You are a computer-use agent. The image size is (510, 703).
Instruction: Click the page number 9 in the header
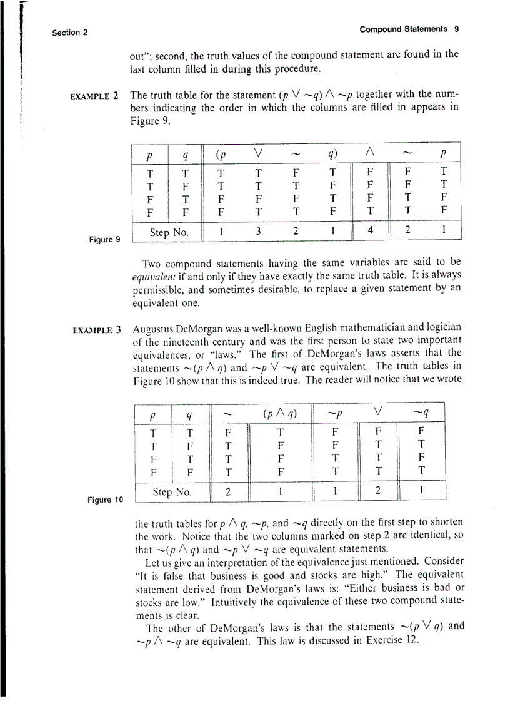(x=457, y=29)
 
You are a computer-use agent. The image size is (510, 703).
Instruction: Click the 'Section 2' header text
(x=69, y=33)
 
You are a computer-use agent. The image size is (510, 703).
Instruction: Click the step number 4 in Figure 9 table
(x=370, y=230)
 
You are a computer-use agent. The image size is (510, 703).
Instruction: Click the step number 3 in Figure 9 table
(x=257, y=230)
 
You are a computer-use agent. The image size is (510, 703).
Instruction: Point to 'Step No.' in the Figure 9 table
(x=169, y=233)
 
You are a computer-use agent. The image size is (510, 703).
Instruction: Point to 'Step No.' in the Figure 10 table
(x=172, y=493)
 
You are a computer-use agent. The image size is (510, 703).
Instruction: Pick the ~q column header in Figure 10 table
(x=422, y=413)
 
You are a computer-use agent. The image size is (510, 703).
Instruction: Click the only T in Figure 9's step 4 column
(x=370, y=212)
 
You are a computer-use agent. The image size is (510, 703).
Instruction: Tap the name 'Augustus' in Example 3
(x=152, y=328)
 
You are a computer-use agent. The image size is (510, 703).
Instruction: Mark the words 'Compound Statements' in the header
(x=403, y=29)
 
